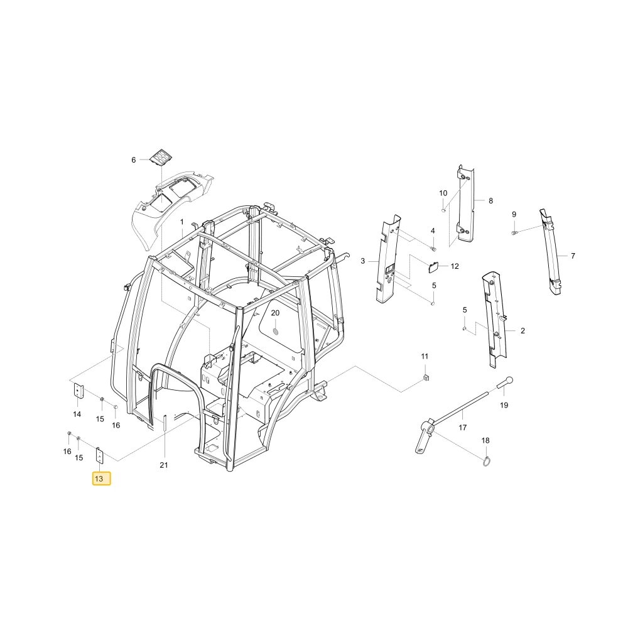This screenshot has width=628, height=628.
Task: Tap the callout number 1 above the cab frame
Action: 182,222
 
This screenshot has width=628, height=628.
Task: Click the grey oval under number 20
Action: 276,332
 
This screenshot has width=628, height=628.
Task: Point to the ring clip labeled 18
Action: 487,462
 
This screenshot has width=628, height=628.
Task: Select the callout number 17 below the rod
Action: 463,427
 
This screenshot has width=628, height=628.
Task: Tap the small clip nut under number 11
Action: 426,377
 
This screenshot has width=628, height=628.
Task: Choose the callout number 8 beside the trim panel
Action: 490,201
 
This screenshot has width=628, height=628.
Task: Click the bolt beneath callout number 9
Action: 515,232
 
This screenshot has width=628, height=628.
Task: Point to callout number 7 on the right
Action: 573,256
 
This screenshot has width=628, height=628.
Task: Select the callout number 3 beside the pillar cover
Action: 363,261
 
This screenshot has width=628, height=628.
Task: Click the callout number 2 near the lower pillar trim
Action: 522,330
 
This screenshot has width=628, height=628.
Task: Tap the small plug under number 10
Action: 443,210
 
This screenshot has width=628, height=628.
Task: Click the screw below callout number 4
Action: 433,249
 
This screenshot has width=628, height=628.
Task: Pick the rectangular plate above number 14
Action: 78,391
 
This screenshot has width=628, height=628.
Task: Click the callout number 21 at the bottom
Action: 163,465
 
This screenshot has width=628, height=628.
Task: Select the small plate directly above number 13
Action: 99,456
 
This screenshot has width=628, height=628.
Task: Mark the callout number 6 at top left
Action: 134,160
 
